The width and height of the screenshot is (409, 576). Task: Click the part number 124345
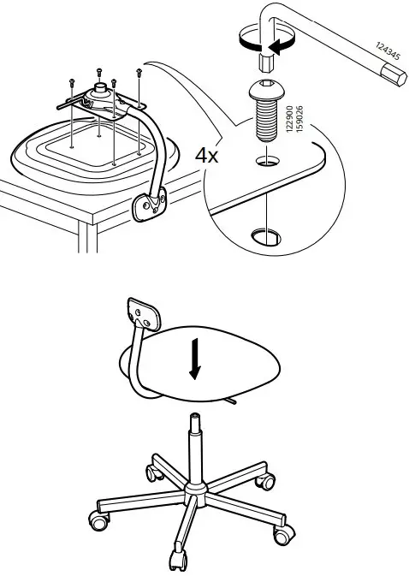[x=388, y=50]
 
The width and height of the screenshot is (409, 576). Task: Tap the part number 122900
[x=289, y=119]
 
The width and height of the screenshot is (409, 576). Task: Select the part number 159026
[x=299, y=119]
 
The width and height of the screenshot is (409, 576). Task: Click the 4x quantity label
[x=206, y=156]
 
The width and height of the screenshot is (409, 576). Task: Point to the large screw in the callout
[x=266, y=111]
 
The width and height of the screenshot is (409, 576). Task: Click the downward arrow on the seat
[x=195, y=359]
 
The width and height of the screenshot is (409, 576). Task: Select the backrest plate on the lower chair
[x=144, y=313]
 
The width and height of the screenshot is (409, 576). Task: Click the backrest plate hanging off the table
[x=149, y=205]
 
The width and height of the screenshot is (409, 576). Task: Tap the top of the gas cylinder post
[x=194, y=418]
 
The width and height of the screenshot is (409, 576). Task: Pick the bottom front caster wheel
[x=178, y=561]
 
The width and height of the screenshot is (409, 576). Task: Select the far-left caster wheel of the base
[x=99, y=520]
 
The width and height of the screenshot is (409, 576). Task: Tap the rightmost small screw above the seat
[x=139, y=73]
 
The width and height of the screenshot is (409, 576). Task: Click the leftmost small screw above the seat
[x=72, y=83]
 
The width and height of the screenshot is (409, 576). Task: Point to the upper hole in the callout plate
[x=267, y=161]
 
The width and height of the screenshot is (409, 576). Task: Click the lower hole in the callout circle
[x=266, y=237]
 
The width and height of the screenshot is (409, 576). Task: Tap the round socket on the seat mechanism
[x=100, y=88]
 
